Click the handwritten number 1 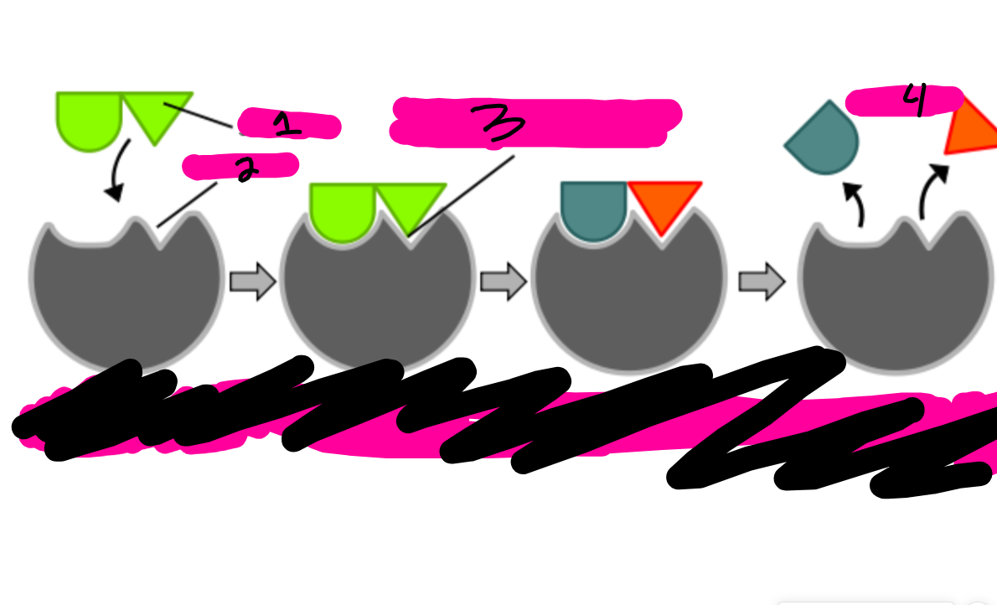point(285,126)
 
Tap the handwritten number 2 point(245,169)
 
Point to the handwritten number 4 point(917,101)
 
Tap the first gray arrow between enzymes point(252,282)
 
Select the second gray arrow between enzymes point(503,282)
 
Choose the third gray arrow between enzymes point(761,282)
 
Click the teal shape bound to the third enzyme point(593,209)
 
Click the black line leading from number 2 point(186,204)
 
